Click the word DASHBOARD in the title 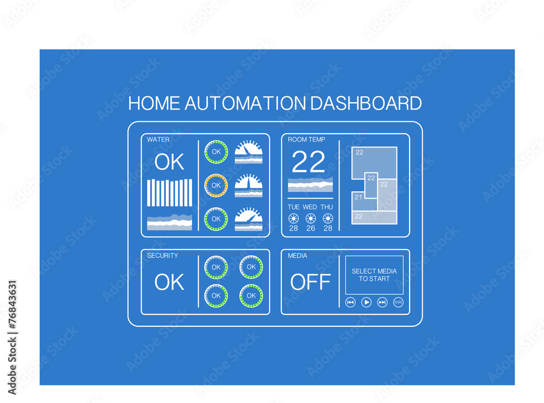tap(366, 103)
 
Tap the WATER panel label tap(158, 140)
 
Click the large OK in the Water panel tap(169, 162)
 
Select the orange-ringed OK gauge tap(216, 185)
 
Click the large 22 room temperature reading tap(308, 162)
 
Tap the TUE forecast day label tap(294, 207)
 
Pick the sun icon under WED tap(311, 218)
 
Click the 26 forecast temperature tap(311, 228)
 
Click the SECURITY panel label tap(162, 256)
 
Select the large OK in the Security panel tap(169, 282)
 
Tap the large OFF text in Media tap(310, 282)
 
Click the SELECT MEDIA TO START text tap(374, 275)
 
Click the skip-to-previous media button tap(350, 302)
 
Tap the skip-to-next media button tap(382, 302)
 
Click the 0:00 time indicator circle tap(398, 302)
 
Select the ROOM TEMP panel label tap(306, 140)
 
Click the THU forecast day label tap(326, 207)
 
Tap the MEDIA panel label tap(297, 256)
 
